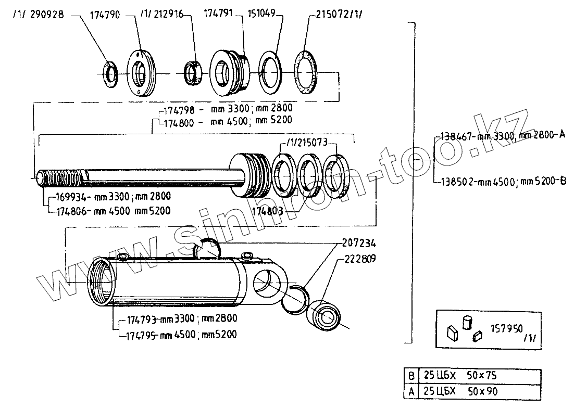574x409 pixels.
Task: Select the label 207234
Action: [358, 242]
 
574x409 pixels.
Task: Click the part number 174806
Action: [69, 211]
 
